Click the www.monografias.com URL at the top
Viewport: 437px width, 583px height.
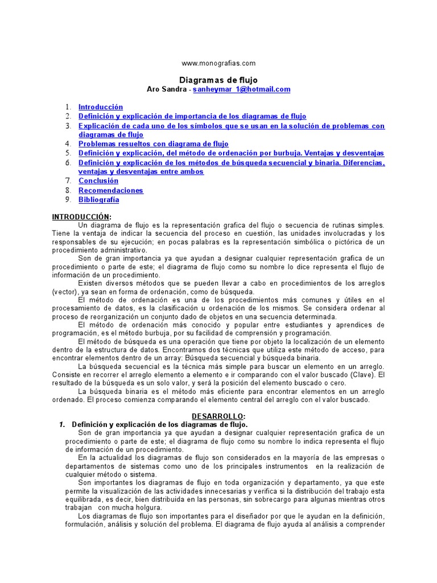[x=218, y=63]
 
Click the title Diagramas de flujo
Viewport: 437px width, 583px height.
[x=218, y=80]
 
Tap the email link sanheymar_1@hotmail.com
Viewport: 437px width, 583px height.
[x=242, y=89]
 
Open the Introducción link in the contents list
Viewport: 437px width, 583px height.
[x=101, y=106]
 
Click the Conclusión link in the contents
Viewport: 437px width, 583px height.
[x=98, y=180]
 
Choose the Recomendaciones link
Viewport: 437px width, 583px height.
[x=111, y=190]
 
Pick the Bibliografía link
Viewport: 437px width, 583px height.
[x=99, y=199]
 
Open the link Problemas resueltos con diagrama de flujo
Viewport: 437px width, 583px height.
[x=154, y=144]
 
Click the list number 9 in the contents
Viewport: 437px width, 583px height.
[x=67, y=199]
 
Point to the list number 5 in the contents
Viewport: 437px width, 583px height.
[x=67, y=153]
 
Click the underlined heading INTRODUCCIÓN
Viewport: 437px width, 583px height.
[x=82, y=216]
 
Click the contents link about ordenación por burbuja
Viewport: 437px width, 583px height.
[x=231, y=153]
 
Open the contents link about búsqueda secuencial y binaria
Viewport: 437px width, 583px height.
[x=231, y=163]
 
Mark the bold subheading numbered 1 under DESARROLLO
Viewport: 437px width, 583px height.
[x=159, y=425]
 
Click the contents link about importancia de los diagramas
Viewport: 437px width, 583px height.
[x=192, y=116]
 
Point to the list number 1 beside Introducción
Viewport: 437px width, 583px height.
[x=67, y=106]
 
